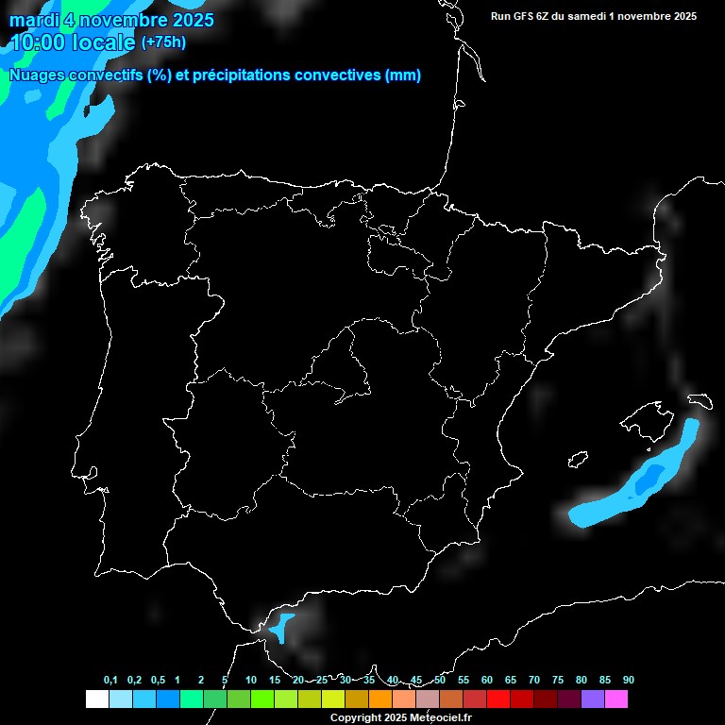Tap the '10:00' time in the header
coord(39,42)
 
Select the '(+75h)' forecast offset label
coord(163,42)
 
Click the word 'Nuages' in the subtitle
coord(38,76)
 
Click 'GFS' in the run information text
coord(527,16)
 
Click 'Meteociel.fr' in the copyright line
coord(440,717)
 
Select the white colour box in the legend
coord(96,699)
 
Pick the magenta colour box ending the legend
coord(616,699)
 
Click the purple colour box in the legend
coord(593,699)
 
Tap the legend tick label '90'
coord(628,680)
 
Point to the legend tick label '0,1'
coord(110,680)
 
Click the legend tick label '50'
coord(440,680)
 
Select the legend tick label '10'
coord(250,680)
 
